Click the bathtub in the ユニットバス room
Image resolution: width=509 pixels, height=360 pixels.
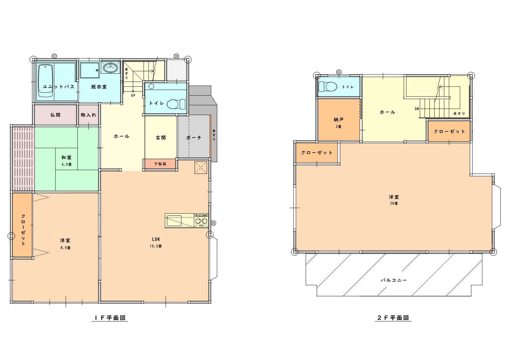tap(46, 81)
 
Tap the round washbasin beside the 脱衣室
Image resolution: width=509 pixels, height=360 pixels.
tap(111, 68)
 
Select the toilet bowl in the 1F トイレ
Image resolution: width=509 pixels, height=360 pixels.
tap(176, 104)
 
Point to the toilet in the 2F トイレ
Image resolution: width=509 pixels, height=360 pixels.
tap(328, 87)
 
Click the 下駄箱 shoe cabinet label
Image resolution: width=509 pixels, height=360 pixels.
tap(160, 164)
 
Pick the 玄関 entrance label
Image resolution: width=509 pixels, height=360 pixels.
tap(161, 138)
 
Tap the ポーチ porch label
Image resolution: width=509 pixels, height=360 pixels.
tap(194, 138)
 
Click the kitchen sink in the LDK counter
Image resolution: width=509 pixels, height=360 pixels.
tap(174, 221)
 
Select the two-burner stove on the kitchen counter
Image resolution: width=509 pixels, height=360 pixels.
tap(201, 221)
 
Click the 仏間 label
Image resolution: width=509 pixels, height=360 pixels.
tap(55, 115)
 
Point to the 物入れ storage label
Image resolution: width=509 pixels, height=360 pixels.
tap(88, 115)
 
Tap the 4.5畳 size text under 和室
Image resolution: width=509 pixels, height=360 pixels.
tap(67, 164)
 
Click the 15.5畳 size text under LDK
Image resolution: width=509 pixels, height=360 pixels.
tap(156, 246)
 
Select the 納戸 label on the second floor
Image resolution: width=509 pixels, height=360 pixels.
tap(338, 120)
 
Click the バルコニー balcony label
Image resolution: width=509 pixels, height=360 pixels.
tap(394, 280)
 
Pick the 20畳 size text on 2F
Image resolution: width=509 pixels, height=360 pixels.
tap(394, 204)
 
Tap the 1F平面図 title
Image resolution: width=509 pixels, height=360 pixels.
tap(110, 318)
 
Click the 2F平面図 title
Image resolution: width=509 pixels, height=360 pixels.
tap(393, 318)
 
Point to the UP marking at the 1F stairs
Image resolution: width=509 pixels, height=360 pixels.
tap(133, 96)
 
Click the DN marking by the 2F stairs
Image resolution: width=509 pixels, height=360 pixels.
tap(417, 109)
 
